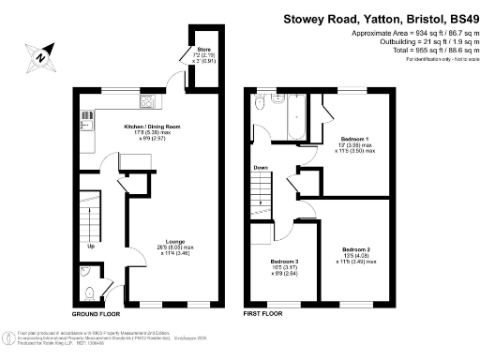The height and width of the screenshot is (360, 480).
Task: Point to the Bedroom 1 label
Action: (353, 140)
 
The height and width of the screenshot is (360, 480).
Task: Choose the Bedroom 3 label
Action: (284, 262)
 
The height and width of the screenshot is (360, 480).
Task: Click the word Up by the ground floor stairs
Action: (91, 247)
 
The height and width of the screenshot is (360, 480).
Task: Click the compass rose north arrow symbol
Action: (41, 55)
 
